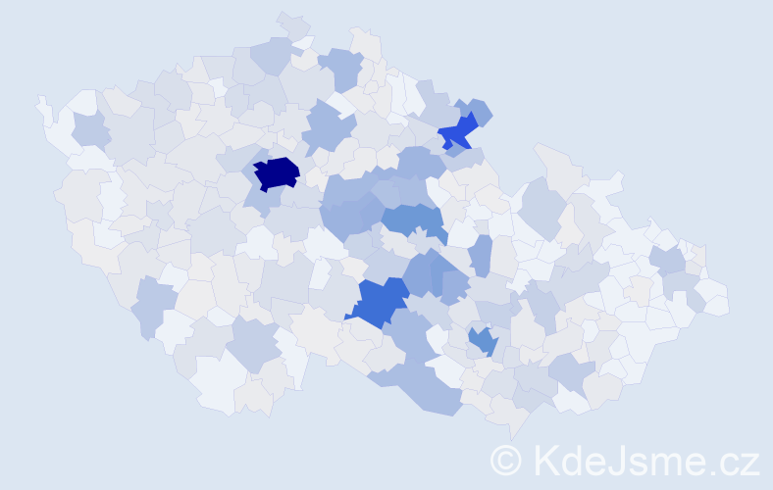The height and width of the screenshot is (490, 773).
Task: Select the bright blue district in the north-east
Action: tap(457, 131)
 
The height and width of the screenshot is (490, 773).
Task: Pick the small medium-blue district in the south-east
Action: tap(482, 341)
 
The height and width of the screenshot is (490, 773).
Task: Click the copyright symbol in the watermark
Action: tap(506, 460)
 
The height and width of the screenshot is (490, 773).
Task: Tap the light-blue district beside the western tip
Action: tap(90, 130)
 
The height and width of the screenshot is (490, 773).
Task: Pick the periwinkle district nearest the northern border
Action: tap(341, 67)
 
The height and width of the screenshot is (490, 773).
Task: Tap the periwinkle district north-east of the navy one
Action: tap(328, 127)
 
